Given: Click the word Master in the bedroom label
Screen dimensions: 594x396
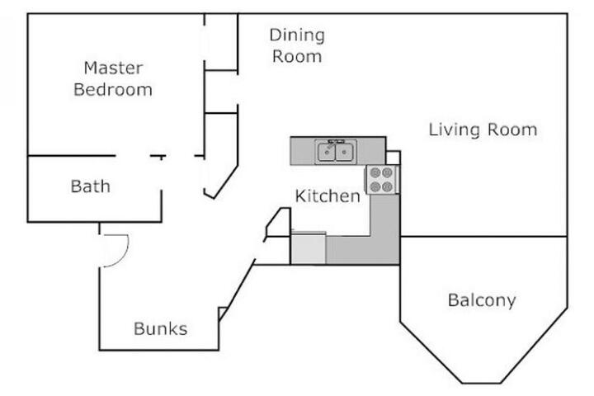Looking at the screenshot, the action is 113,68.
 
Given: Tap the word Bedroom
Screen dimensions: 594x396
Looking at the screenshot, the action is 113,90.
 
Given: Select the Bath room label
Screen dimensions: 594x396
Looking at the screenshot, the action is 91,186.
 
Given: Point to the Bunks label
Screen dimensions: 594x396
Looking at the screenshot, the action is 161,328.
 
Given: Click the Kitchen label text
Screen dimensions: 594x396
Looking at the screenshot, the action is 328,196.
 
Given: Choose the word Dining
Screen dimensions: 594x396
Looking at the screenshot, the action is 297,36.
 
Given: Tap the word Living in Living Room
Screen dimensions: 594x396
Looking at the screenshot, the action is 454,130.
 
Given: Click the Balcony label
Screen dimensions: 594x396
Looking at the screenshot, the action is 482,300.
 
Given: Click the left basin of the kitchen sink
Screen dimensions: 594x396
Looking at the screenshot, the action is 326,152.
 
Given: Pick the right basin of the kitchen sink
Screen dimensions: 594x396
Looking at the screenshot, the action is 344,152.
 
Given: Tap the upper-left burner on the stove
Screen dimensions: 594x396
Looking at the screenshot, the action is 375,173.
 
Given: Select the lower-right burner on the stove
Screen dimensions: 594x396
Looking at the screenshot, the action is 387,186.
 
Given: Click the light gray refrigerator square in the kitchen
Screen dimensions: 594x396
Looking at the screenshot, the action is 308,247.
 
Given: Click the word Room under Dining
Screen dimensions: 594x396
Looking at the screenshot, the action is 297,57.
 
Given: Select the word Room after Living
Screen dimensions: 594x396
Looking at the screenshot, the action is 512,130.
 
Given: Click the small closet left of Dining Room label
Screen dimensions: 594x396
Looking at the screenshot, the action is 221,42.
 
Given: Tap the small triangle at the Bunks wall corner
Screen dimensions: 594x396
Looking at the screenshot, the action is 223,313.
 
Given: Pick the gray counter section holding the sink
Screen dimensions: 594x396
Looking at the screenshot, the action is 338,151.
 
